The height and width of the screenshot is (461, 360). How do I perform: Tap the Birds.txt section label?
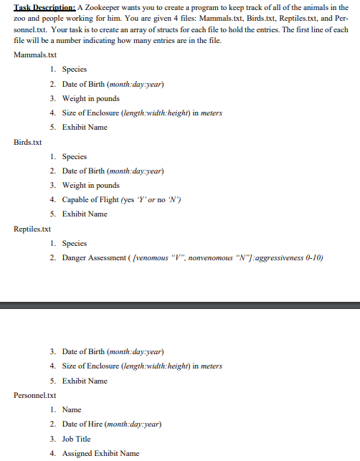tap(29, 141)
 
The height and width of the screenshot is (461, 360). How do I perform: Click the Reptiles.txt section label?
tap(32, 229)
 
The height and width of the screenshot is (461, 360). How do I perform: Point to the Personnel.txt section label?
tap(34, 395)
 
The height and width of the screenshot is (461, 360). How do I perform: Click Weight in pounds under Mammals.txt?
tap(90, 98)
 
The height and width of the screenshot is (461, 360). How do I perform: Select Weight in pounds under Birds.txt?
tap(90, 185)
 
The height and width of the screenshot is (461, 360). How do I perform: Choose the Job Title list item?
tap(77, 438)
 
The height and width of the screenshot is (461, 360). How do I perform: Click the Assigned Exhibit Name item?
tap(100, 453)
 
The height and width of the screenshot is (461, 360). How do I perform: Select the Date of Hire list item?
tap(111, 424)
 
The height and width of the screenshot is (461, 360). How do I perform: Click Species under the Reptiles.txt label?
tap(75, 243)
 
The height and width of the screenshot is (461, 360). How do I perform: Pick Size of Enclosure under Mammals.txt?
tap(142, 113)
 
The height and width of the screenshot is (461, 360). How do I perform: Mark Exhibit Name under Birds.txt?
tap(85, 214)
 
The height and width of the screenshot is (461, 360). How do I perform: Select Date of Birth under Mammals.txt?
tap(113, 84)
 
